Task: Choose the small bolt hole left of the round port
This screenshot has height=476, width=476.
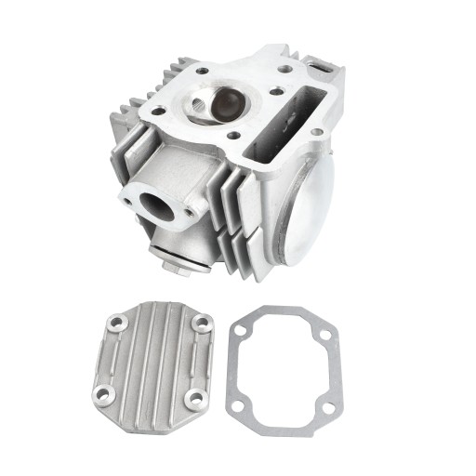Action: [x=126, y=198]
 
